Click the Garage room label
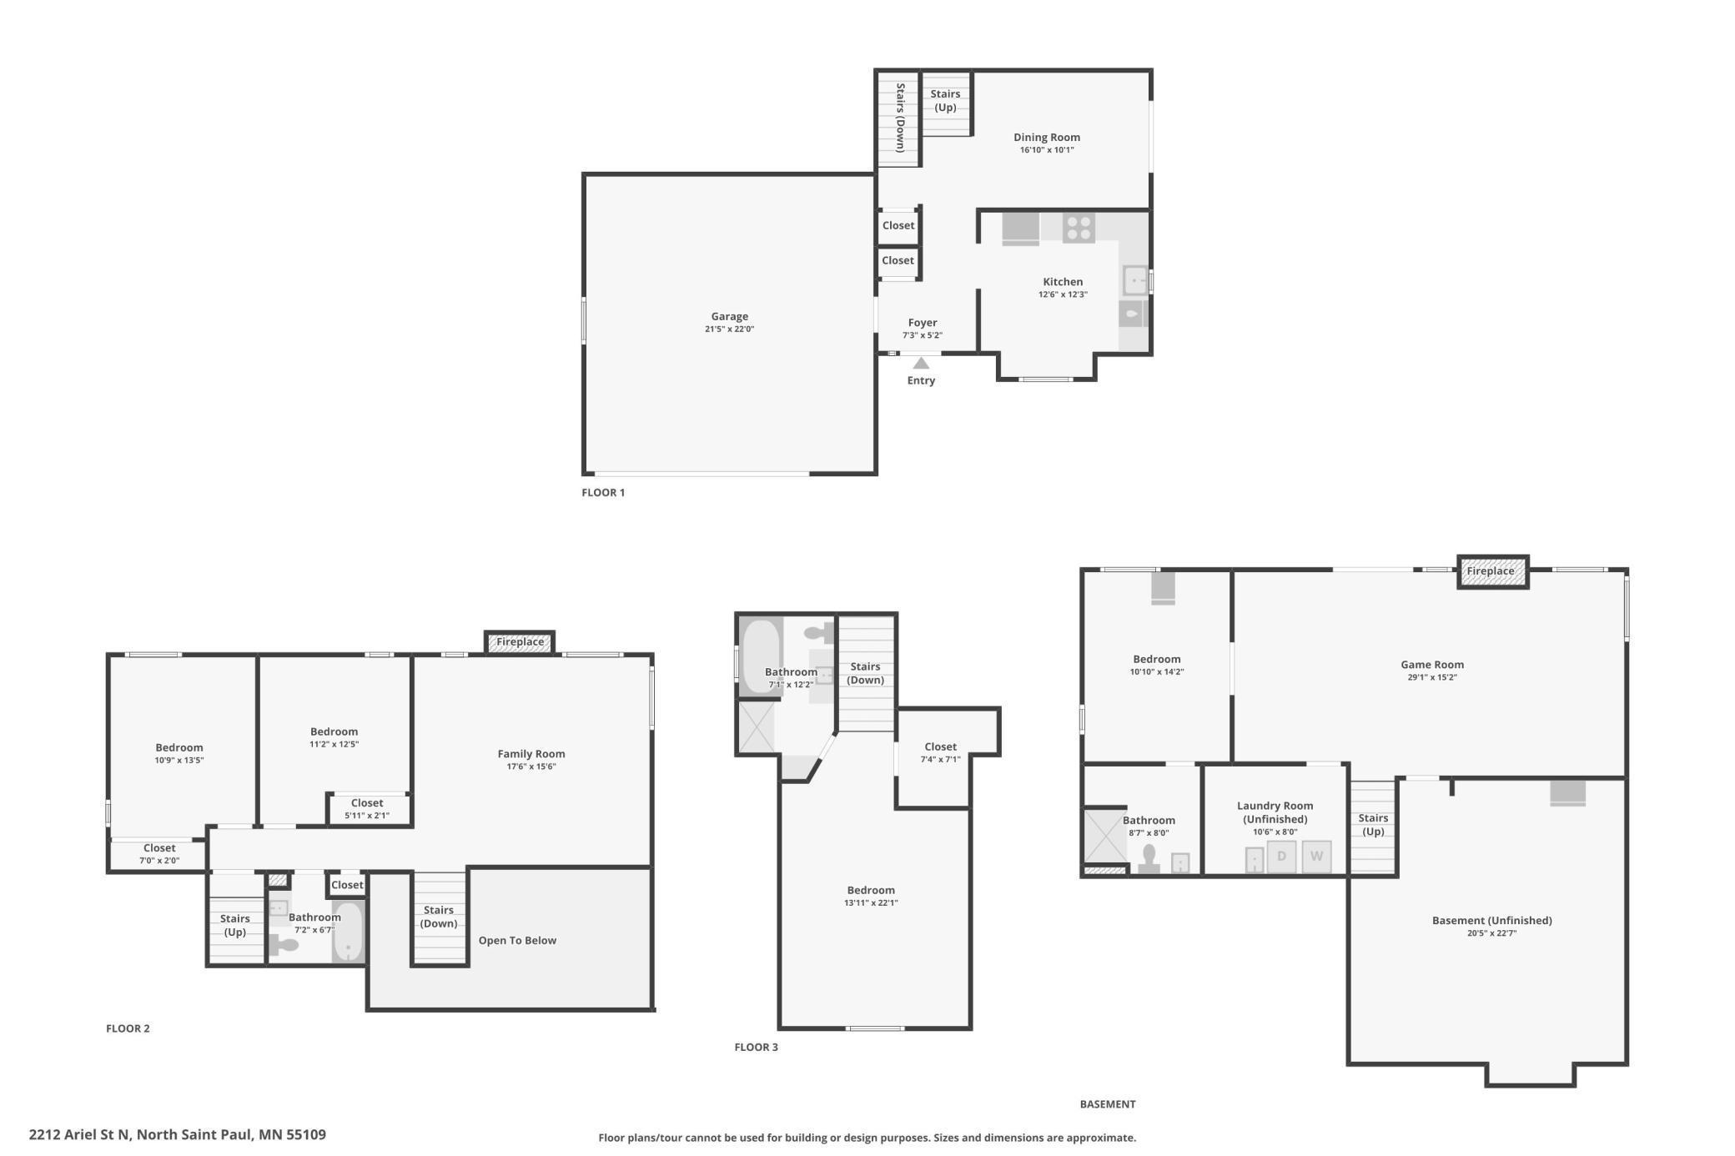point(729,316)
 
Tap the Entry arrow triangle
point(921,364)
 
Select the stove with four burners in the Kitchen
point(1079,229)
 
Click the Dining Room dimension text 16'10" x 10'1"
point(1047,150)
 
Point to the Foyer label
point(923,323)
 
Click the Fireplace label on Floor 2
point(520,642)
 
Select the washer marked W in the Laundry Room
point(1316,857)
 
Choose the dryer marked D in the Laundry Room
point(1282,857)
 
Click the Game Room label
point(1432,665)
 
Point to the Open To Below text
point(517,940)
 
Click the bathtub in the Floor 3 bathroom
point(761,656)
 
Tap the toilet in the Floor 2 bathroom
point(284,945)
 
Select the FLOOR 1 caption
point(603,492)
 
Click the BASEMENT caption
point(1108,1104)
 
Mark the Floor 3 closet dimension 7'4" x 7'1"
point(940,759)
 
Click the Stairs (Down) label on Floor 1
point(901,117)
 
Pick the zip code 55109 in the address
point(306,1134)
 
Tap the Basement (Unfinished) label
point(1492,921)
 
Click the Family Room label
point(531,754)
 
